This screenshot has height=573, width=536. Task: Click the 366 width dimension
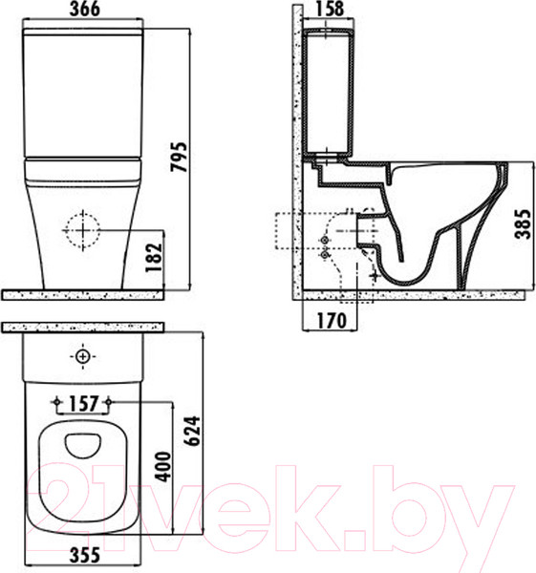[84, 10]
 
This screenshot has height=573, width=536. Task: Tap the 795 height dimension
[180, 157]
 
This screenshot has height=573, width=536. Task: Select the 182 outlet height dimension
[154, 257]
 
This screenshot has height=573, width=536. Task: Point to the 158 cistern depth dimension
[329, 10]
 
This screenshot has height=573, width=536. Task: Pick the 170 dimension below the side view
[331, 321]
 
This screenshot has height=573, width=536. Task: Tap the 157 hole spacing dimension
[84, 404]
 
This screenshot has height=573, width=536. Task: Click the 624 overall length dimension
[192, 431]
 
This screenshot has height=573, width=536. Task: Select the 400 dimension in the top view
[163, 467]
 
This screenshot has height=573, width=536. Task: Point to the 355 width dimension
[84, 555]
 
